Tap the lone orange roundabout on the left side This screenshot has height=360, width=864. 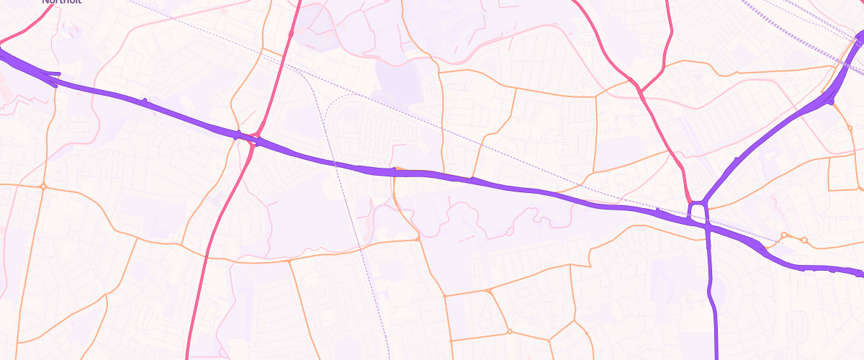coord(43,186)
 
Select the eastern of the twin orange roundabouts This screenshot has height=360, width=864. coord(804,240)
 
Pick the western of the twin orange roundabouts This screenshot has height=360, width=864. coord(785,235)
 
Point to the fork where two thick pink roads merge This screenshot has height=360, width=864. coord(639,91)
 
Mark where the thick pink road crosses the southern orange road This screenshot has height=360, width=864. coord(207,256)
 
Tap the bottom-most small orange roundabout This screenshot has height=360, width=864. coord(509,332)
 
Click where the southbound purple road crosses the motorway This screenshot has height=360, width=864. coord(708,228)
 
